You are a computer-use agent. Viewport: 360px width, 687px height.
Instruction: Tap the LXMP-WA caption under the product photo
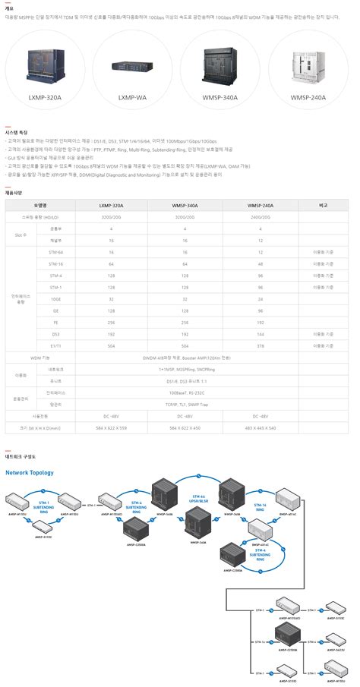(132, 97)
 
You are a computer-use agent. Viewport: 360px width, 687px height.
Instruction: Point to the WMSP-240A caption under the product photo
(308, 97)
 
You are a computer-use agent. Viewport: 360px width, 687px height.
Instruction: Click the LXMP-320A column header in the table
(112, 205)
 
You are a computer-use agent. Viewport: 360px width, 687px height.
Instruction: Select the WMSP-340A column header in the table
(185, 205)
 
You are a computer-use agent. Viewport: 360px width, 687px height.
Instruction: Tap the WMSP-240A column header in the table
(261, 205)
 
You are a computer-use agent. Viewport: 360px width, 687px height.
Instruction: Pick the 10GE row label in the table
(55, 299)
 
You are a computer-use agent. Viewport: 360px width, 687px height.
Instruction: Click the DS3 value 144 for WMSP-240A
(261, 333)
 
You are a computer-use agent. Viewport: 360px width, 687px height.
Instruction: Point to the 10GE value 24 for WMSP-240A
(261, 299)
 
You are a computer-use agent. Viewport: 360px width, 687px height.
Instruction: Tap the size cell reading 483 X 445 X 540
(261, 428)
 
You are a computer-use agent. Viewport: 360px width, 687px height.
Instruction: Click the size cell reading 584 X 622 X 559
(112, 428)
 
